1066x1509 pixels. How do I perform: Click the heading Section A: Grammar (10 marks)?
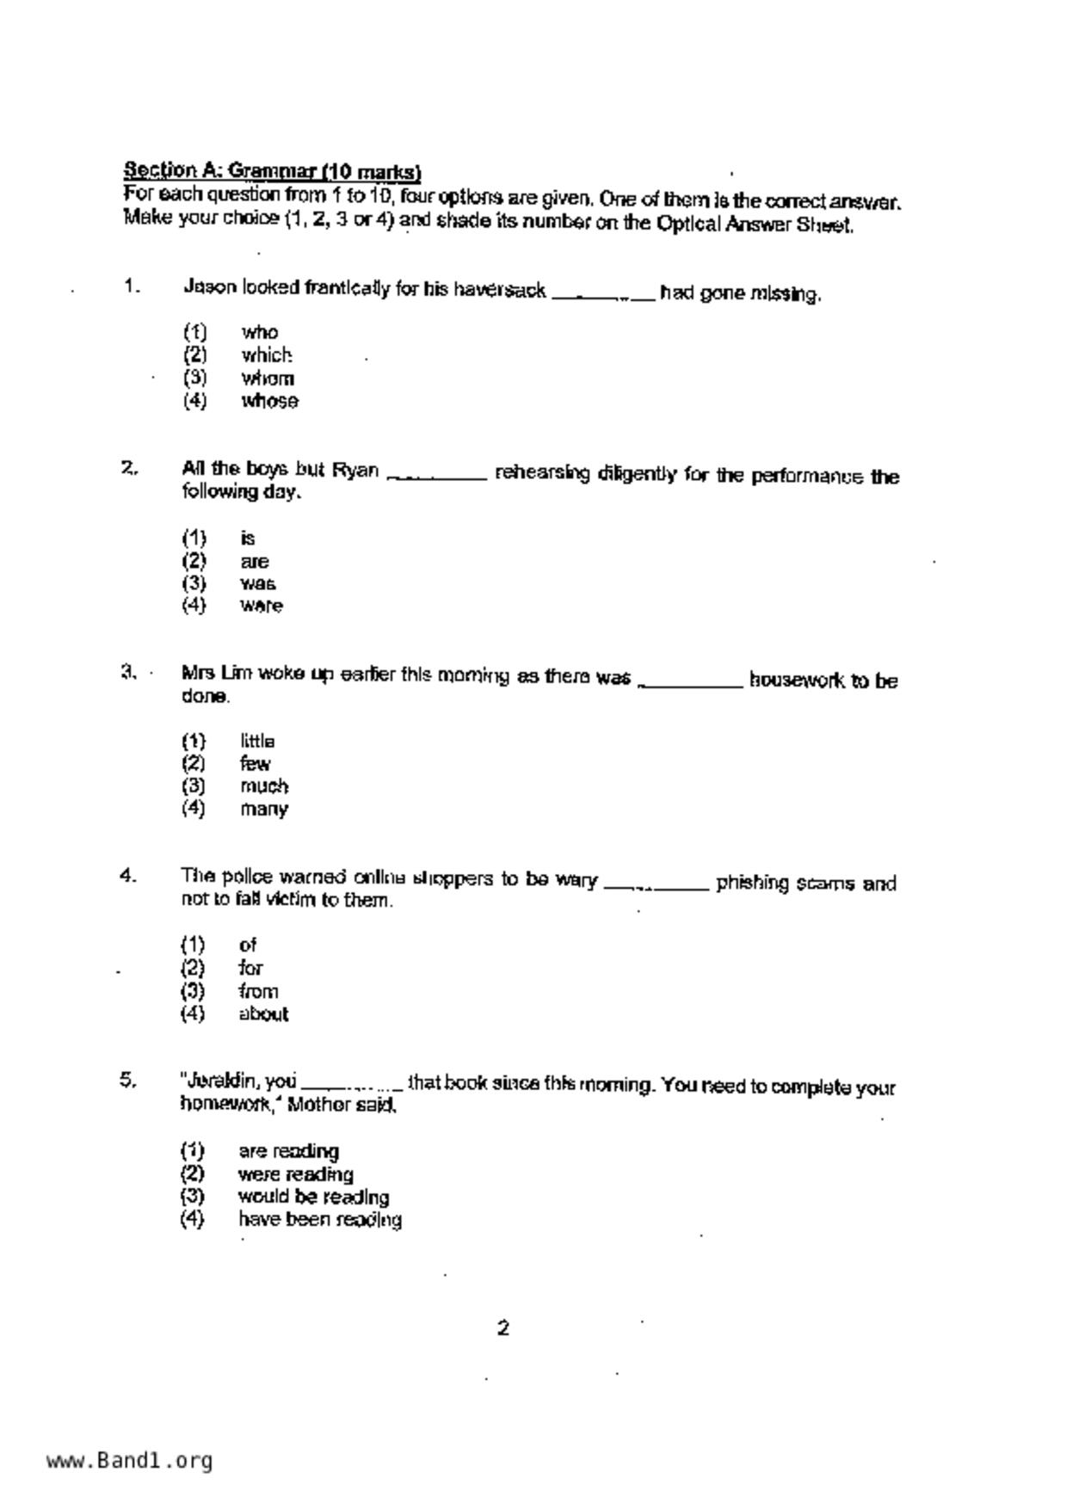click(x=272, y=169)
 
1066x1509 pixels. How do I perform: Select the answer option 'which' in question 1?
click(x=267, y=354)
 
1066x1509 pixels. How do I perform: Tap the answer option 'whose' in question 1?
click(x=269, y=401)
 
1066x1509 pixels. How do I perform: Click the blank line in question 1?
click(x=602, y=296)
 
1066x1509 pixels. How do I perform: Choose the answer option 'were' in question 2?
click(x=261, y=606)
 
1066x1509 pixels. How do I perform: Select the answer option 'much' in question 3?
click(x=264, y=786)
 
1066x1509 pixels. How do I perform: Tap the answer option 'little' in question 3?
click(x=257, y=741)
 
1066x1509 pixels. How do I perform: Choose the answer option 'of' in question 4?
click(x=248, y=945)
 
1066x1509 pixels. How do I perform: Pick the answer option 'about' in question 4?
click(x=263, y=1014)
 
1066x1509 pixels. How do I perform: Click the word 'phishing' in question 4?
click(x=752, y=884)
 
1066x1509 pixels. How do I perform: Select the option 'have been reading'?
click(x=319, y=1220)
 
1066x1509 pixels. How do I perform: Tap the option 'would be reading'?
click(x=313, y=1197)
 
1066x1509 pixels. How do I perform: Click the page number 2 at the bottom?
click(x=503, y=1327)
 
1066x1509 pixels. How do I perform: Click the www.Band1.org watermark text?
click(x=129, y=1460)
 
